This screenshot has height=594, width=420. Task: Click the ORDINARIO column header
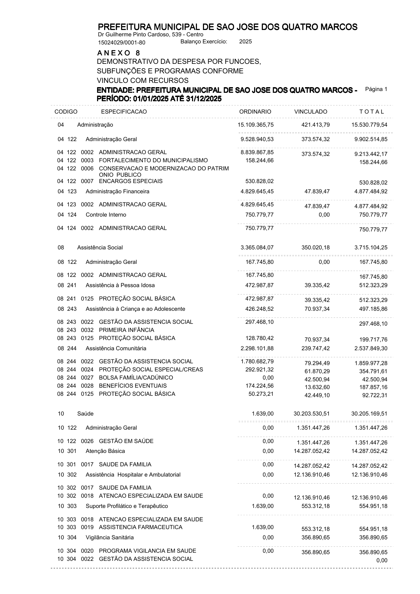click(255, 112)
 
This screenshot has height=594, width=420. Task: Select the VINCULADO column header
click(311, 112)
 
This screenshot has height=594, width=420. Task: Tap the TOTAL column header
click(371, 112)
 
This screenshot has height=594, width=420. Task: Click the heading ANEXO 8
click(119, 53)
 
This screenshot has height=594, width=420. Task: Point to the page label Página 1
click(376, 89)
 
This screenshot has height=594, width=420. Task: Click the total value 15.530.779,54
click(369, 125)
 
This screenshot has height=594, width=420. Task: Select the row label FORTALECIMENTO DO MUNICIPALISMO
click(153, 160)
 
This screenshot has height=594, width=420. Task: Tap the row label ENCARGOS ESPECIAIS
click(131, 181)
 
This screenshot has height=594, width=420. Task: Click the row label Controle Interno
click(106, 215)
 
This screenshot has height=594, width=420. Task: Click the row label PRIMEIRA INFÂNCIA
click(126, 330)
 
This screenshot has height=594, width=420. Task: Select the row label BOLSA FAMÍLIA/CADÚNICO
click(136, 378)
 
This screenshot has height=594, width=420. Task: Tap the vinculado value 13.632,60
click(317, 387)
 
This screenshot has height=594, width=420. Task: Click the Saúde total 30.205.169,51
click(369, 414)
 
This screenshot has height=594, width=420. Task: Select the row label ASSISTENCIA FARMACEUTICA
click(140, 527)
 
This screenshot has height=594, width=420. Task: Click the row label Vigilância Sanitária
click(110, 538)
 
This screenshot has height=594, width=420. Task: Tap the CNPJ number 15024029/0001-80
click(121, 43)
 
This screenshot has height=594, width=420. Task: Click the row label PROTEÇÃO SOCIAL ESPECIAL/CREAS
click(151, 370)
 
